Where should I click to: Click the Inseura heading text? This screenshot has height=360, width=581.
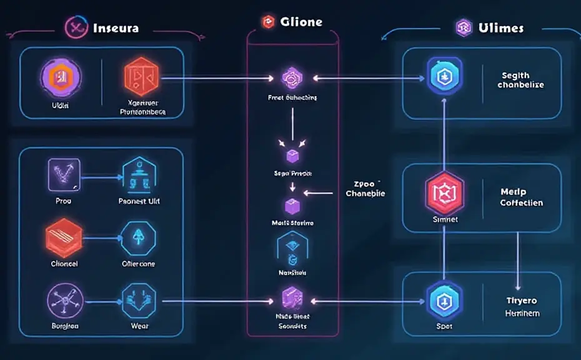click(x=116, y=28)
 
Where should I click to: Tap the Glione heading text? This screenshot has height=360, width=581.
click(x=300, y=22)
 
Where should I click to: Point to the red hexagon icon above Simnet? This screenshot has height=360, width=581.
click(x=444, y=192)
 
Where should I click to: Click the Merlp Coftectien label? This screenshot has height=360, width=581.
click(x=522, y=197)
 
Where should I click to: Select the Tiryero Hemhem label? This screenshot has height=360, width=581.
click(x=522, y=307)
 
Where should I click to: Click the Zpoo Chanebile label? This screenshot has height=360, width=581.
click(x=365, y=189)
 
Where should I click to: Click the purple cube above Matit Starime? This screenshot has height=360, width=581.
click(x=292, y=206)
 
